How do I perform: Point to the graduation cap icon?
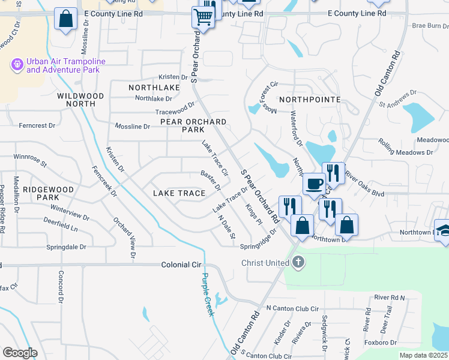tap(445, 231)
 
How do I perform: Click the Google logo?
tap(20, 353)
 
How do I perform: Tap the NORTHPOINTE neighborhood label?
tap(310, 99)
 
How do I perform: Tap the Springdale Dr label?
tap(66, 247)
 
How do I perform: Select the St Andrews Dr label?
tap(398, 98)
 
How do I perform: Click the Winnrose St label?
tap(30, 160)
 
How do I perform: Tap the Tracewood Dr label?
tap(175, 108)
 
